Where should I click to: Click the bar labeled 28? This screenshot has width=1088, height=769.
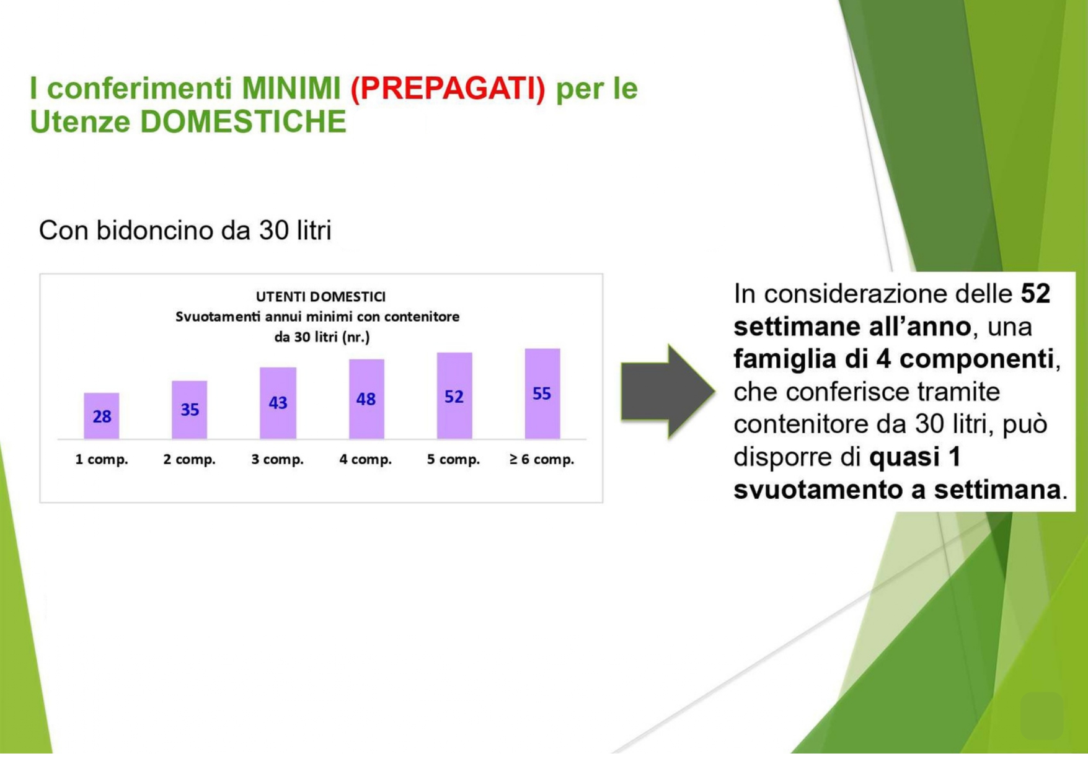(102, 416)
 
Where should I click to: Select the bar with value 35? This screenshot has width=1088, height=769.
(190, 410)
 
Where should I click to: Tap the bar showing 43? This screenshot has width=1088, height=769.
(278, 403)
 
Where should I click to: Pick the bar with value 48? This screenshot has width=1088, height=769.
(366, 399)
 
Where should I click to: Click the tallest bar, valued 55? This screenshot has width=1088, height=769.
(542, 393)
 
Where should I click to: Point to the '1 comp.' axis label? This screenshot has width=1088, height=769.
(102, 460)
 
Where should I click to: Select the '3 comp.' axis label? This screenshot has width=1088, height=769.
(277, 460)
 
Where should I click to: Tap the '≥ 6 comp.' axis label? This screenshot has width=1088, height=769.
(542, 460)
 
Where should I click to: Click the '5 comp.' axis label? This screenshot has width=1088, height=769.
(453, 460)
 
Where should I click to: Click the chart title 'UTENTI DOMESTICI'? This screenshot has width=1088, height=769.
(321, 297)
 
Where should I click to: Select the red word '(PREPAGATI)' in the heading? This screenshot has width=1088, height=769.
(448, 88)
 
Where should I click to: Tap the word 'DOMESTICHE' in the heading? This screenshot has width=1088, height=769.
(243, 121)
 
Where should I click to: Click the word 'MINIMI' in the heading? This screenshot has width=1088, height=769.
(291, 88)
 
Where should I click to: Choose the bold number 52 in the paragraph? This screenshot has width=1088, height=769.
(1035, 294)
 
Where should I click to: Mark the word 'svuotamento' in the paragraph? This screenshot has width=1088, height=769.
(818, 490)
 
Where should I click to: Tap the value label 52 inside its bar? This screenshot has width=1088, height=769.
(454, 397)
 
